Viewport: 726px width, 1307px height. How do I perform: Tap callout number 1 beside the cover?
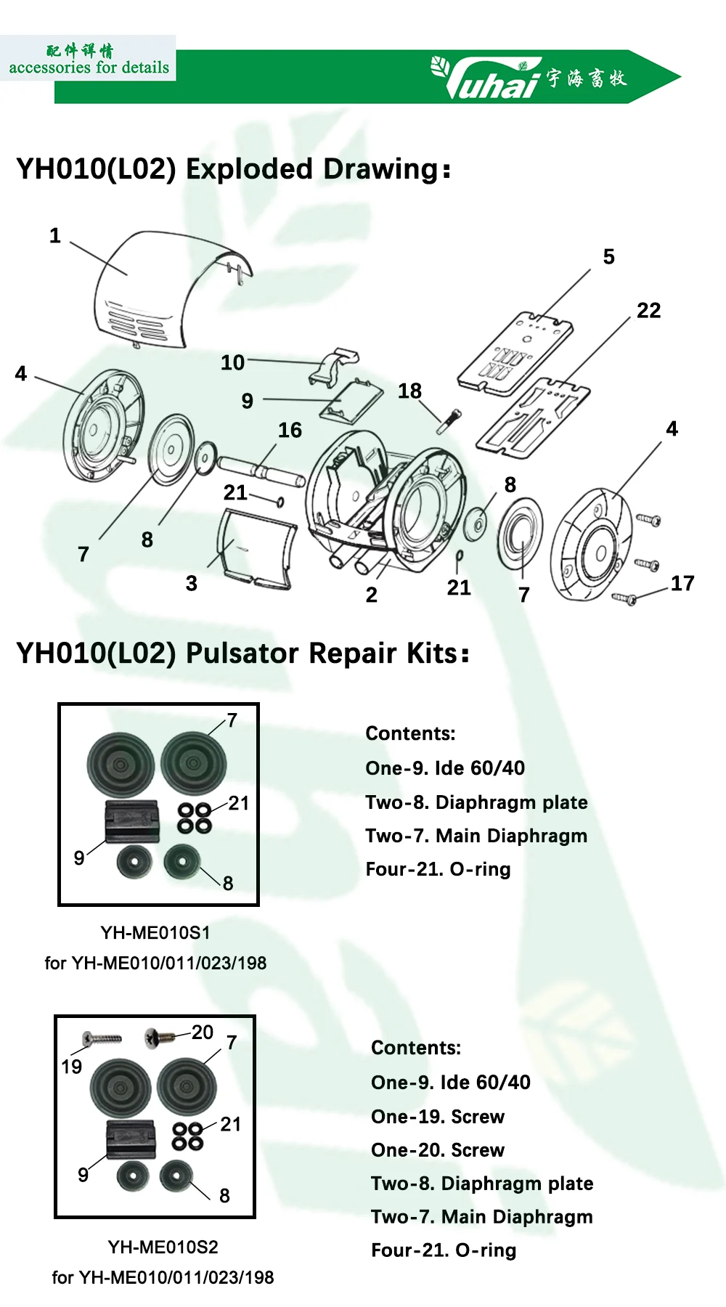55,236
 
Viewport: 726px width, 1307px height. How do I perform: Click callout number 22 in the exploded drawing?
648,311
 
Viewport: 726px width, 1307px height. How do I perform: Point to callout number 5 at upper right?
608,257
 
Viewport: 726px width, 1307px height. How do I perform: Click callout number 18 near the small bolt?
409,391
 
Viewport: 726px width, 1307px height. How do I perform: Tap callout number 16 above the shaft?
290,431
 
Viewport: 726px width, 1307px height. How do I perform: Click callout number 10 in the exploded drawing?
232,362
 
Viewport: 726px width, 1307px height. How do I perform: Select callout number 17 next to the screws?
682,583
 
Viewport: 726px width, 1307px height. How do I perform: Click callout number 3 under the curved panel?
192,584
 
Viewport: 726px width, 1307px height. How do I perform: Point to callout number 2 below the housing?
371,595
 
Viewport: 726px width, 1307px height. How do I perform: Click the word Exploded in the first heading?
251,169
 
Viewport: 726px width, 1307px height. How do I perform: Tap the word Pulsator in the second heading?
243,653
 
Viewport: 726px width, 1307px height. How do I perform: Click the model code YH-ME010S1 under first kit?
155,932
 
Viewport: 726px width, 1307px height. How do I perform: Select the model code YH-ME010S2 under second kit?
163,1247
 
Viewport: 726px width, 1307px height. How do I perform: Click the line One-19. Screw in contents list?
437,1117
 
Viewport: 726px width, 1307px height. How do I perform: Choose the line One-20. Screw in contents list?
437,1150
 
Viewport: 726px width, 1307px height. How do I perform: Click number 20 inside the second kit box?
203,1033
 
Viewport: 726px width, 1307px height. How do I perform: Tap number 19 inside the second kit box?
71,1067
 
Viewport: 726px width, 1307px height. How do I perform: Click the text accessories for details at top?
89,68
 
